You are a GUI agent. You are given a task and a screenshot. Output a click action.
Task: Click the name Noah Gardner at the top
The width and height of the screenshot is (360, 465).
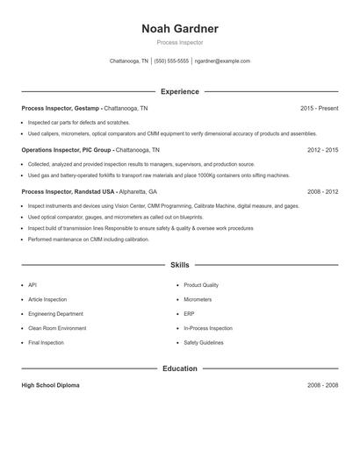coord(179,29)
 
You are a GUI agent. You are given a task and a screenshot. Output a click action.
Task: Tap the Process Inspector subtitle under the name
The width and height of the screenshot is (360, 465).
coord(179,42)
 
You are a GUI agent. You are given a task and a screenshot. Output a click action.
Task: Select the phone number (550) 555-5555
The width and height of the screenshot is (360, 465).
coord(171,61)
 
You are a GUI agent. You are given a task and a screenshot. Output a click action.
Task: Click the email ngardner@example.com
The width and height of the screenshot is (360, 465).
coord(222,61)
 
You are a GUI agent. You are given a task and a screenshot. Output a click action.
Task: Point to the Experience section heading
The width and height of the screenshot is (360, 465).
coord(179,91)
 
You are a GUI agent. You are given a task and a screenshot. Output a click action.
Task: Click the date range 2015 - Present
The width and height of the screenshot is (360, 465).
coord(319,108)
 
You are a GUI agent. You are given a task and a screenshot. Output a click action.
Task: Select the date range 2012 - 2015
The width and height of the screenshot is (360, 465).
coord(322,150)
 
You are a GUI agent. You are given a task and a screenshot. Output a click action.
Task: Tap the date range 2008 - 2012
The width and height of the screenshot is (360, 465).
coord(322,191)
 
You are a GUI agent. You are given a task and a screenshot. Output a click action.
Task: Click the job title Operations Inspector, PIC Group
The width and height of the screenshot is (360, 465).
coord(68,150)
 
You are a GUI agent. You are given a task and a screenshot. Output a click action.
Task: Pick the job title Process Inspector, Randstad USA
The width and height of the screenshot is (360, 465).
coord(68,191)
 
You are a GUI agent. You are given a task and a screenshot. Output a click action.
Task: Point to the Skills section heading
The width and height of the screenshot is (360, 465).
coord(179,264)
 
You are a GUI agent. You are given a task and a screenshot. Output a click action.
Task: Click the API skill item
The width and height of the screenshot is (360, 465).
coord(32,285)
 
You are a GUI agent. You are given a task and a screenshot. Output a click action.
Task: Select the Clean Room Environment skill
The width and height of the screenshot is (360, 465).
coord(57,328)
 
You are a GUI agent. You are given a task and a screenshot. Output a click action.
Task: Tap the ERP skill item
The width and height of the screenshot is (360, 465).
coord(189,313)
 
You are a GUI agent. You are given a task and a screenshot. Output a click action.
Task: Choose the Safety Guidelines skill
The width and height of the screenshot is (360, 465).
coord(203,342)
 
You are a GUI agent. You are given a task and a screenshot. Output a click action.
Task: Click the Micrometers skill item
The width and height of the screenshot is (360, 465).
coord(198,299)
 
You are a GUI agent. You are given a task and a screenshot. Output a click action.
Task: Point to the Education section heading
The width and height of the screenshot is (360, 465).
coord(179,368)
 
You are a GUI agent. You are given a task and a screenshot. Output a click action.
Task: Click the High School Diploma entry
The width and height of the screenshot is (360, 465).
coord(50,385)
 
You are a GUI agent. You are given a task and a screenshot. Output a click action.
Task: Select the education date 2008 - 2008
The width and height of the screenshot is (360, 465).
coord(322,385)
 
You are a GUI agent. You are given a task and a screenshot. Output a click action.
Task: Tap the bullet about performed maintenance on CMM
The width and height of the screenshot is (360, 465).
coord(89,239)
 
